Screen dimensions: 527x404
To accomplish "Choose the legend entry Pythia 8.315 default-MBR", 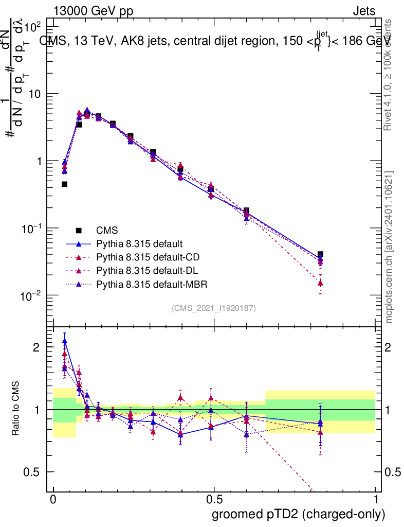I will pyautogui.click(x=153, y=284).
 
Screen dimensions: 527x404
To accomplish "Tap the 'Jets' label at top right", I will pyautogui.click(x=363, y=11).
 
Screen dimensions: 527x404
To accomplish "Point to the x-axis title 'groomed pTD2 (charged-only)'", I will pyautogui.click(x=298, y=514).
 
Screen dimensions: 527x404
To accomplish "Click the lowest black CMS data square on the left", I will pyautogui.click(x=65, y=184).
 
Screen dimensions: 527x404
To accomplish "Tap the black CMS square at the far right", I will pyautogui.click(x=320, y=254).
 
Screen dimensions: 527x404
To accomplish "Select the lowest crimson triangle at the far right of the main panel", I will pyautogui.click(x=320, y=283).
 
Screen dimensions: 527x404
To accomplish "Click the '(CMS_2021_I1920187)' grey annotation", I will pyautogui.click(x=214, y=308).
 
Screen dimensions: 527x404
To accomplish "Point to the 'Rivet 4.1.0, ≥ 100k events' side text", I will pyautogui.click(x=388, y=75).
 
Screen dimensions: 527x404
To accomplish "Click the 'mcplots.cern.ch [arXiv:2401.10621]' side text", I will pyautogui.click(x=389, y=247).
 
